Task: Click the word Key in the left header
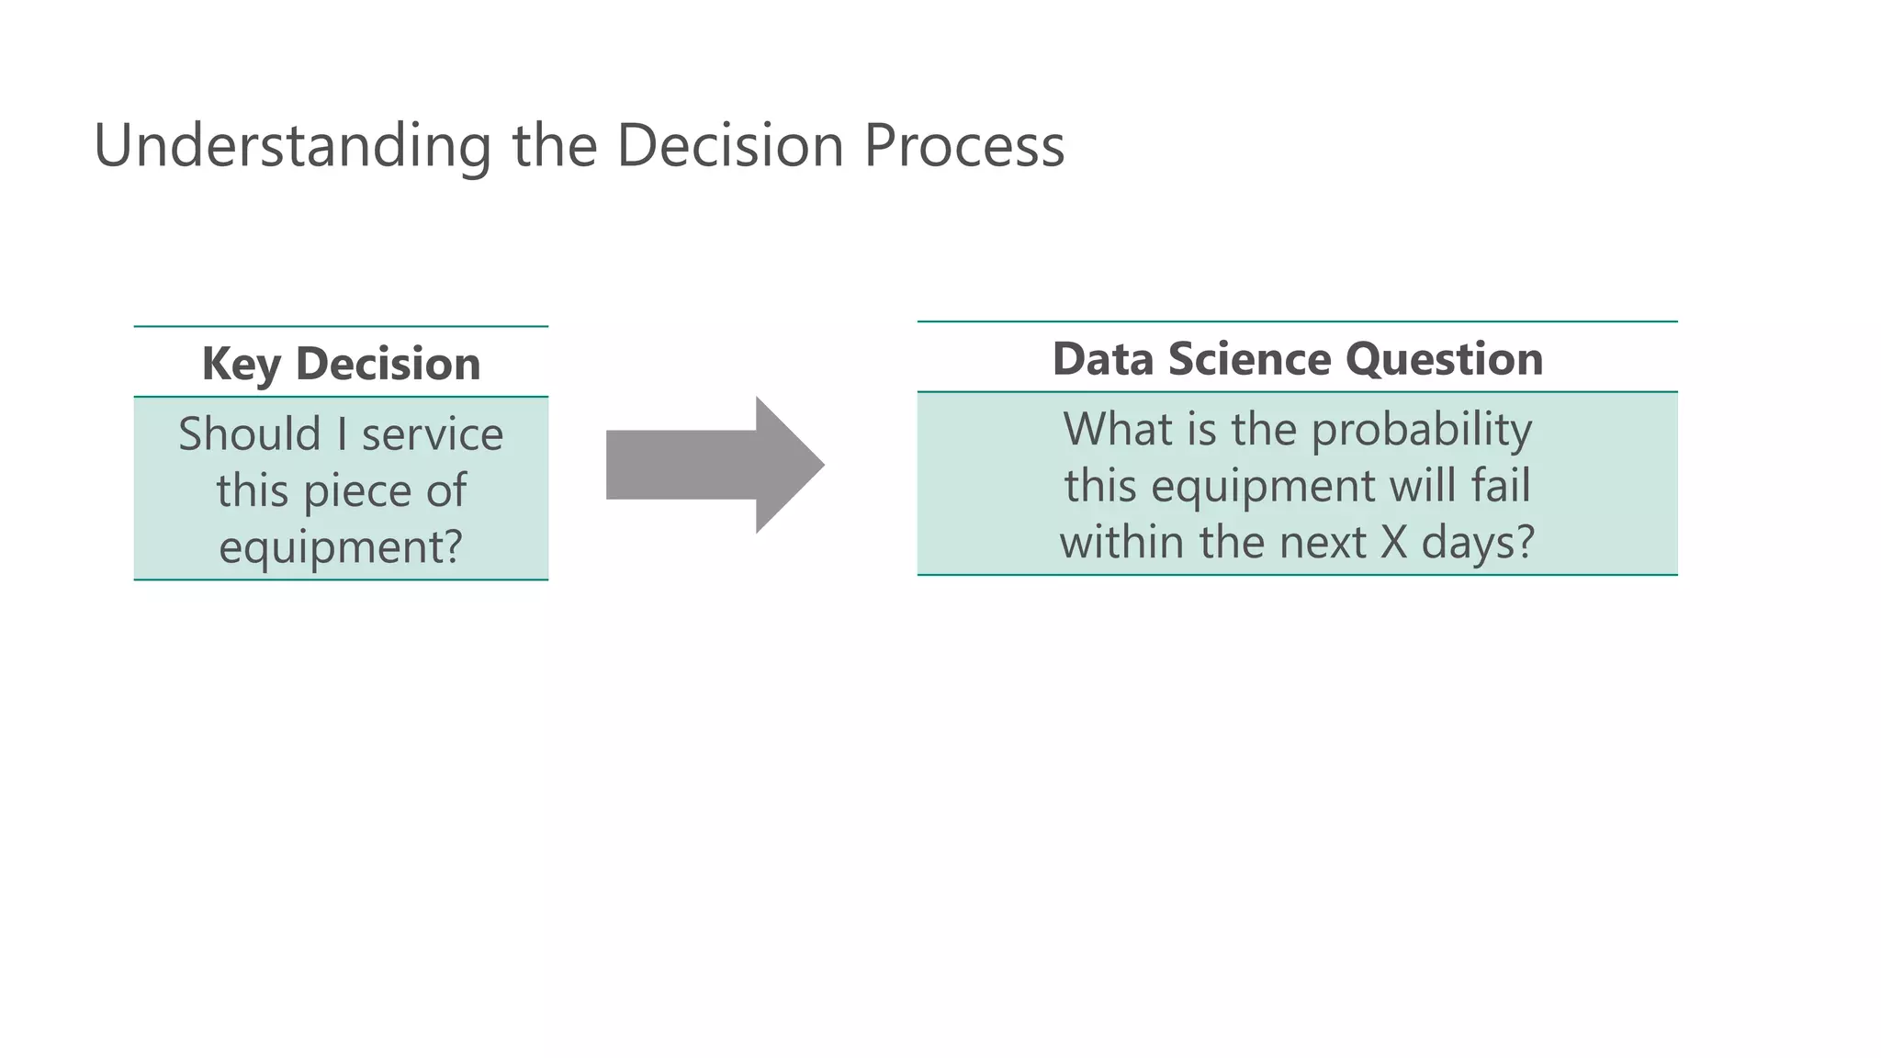(241, 365)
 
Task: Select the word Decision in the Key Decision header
(388, 364)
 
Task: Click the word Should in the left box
(249, 434)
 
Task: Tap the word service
(433, 434)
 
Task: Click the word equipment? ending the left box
(341, 547)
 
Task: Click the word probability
(1421, 431)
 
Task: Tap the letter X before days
(1393, 542)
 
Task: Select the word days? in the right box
(1478, 543)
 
